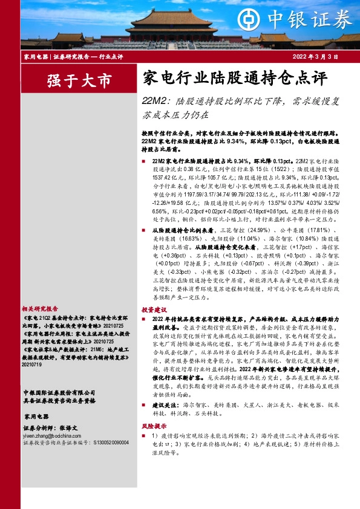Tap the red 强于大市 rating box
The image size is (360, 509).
coord(79,80)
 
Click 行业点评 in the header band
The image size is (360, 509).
coord(111,56)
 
